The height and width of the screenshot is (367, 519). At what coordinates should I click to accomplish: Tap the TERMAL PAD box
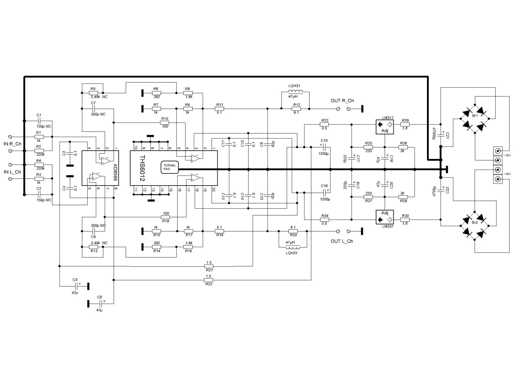click(x=170, y=167)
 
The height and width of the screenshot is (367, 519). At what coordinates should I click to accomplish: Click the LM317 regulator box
click(x=385, y=127)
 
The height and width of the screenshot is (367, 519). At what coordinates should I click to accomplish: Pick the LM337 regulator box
click(x=385, y=217)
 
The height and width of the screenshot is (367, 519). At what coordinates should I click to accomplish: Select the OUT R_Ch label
click(x=342, y=101)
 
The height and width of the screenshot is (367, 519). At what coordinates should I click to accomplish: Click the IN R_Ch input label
click(x=12, y=143)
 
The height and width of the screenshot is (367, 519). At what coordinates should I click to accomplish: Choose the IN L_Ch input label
click(x=12, y=172)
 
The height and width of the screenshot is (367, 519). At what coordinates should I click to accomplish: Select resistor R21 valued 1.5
click(x=209, y=266)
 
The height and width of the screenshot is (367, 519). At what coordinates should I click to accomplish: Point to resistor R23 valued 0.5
click(x=324, y=124)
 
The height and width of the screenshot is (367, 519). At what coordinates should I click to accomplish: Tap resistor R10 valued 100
click(x=165, y=123)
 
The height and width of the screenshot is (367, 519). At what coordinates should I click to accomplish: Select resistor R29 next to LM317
click(x=405, y=124)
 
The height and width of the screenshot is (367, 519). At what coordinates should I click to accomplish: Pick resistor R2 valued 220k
click(x=39, y=151)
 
